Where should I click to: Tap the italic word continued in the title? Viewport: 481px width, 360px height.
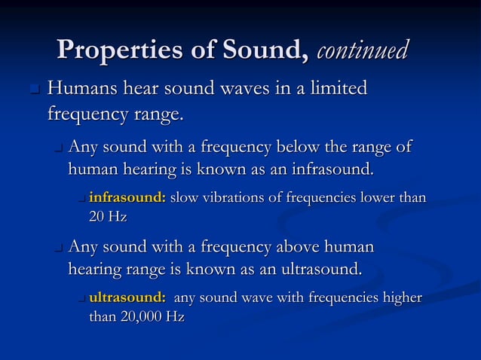tap(363, 50)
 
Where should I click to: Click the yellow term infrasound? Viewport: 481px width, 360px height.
tap(127, 198)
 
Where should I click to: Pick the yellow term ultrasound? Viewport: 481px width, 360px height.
tap(127, 297)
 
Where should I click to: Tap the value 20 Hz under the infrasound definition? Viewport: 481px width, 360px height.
tap(108, 217)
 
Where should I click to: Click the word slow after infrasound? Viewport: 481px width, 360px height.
tap(183, 198)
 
